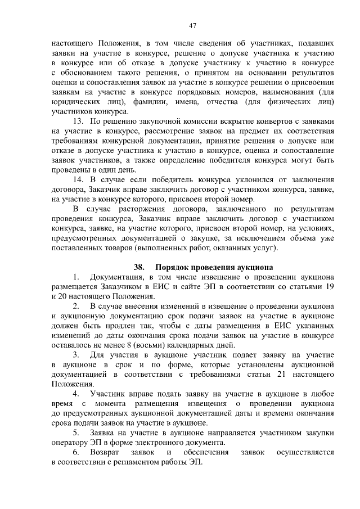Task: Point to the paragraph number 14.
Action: [79, 179]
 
